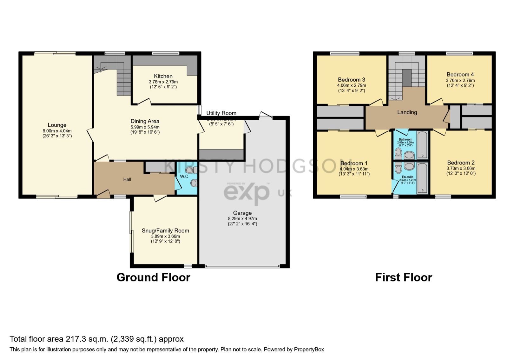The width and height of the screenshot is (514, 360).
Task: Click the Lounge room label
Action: coord(57,125)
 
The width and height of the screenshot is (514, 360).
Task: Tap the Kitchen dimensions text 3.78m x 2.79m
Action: coord(163,82)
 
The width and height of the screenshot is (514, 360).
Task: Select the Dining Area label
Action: coord(145,121)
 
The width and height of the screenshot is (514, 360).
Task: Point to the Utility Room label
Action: coord(221,113)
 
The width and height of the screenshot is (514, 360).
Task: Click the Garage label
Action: coord(242,213)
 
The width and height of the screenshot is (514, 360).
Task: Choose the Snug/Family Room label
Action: coord(165,231)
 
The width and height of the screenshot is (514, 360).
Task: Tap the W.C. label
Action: coord(184,177)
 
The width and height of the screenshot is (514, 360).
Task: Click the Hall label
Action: coord(127,179)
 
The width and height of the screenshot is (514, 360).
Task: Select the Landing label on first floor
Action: coord(407,112)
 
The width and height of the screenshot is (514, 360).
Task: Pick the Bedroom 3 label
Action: coord(351,80)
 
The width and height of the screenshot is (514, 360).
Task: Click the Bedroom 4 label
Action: coord(460,75)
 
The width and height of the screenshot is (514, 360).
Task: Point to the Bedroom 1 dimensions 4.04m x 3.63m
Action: coord(354,169)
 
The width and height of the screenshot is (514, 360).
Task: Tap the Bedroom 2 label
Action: coord(461,163)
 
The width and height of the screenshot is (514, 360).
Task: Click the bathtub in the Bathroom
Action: coord(422,145)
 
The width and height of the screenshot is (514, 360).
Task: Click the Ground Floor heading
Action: coord(153,277)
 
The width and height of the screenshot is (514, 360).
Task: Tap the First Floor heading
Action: coord(403,277)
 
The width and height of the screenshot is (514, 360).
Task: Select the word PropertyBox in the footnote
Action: coord(309,350)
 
